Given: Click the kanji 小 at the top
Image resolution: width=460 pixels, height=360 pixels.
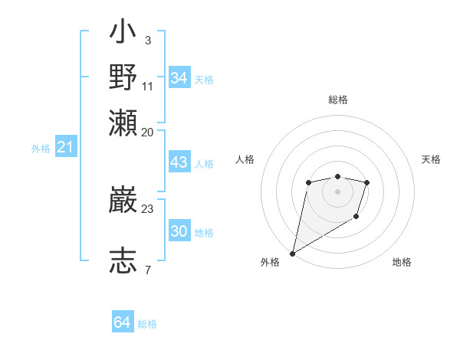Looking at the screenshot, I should point(123,35).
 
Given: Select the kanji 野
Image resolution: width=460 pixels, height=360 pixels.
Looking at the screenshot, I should point(123,77).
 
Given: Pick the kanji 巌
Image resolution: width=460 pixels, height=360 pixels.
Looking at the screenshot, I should point(123,201).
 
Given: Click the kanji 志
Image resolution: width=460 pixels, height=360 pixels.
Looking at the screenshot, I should point(123,260).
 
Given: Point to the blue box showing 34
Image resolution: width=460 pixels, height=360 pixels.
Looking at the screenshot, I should point(179,78).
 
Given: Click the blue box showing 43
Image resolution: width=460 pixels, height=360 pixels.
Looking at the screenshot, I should point(179,163).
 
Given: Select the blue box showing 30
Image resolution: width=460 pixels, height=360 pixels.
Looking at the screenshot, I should point(179,231).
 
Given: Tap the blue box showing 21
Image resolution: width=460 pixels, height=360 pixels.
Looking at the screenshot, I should point(65,147).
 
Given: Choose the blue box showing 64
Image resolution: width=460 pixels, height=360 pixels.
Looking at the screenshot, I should point(123,322).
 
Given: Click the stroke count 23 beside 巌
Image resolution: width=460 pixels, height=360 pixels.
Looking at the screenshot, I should point(147,208).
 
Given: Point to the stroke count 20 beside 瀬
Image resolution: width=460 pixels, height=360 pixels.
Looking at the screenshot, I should point(147,132).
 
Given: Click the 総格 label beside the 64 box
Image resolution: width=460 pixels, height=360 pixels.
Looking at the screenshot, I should point(147,324).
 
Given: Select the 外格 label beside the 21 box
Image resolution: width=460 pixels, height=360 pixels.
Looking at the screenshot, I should point(41,149).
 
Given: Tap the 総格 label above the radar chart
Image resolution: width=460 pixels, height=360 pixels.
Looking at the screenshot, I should point(338,100).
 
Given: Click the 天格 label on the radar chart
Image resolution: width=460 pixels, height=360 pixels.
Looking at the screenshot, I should point(432,159).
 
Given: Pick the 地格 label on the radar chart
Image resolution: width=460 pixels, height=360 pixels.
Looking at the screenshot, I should point(402,263).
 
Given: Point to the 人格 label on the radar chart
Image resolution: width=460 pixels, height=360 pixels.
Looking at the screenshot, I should point(245,159).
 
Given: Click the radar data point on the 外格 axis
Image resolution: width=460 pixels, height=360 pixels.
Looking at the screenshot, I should point(292,253).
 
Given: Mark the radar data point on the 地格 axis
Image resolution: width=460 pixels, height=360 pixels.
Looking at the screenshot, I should point(356,217).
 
